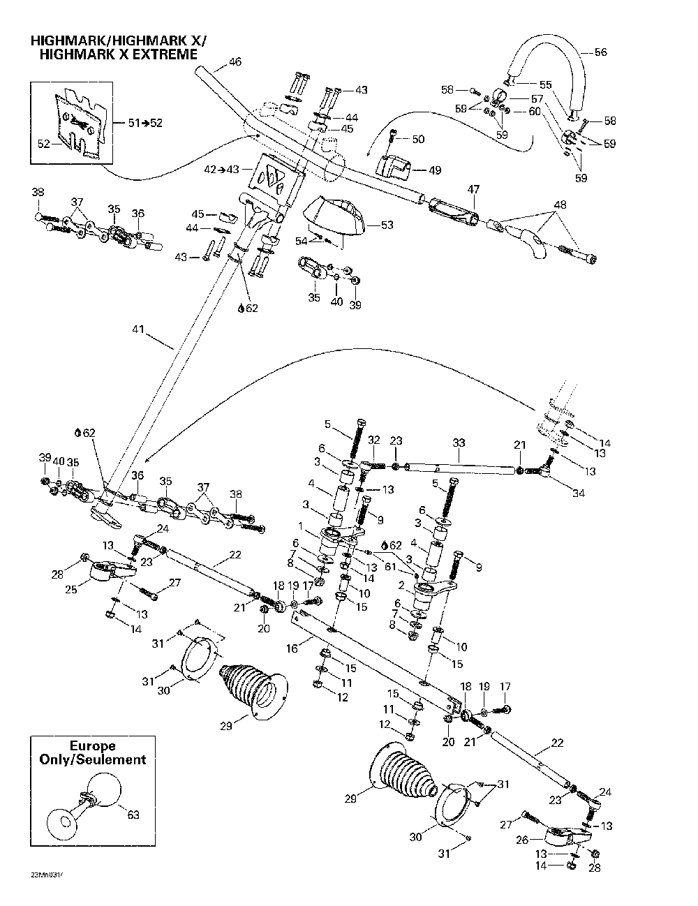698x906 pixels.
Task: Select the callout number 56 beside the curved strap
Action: tap(600, 52)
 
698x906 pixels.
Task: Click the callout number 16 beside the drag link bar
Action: tap(291, 649)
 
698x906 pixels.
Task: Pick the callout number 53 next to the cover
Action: tap(387, 225)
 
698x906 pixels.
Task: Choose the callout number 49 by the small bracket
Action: tap(434, 170)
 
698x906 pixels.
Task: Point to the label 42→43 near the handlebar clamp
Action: tap(221, 169)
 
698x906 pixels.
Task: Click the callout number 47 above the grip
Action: tap(473, 189)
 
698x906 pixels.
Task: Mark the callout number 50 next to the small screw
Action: tap(417, 140)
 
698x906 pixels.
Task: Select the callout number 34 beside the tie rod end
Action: tap(578, 494)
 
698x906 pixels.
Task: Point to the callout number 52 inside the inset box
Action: tap(43, 144)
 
